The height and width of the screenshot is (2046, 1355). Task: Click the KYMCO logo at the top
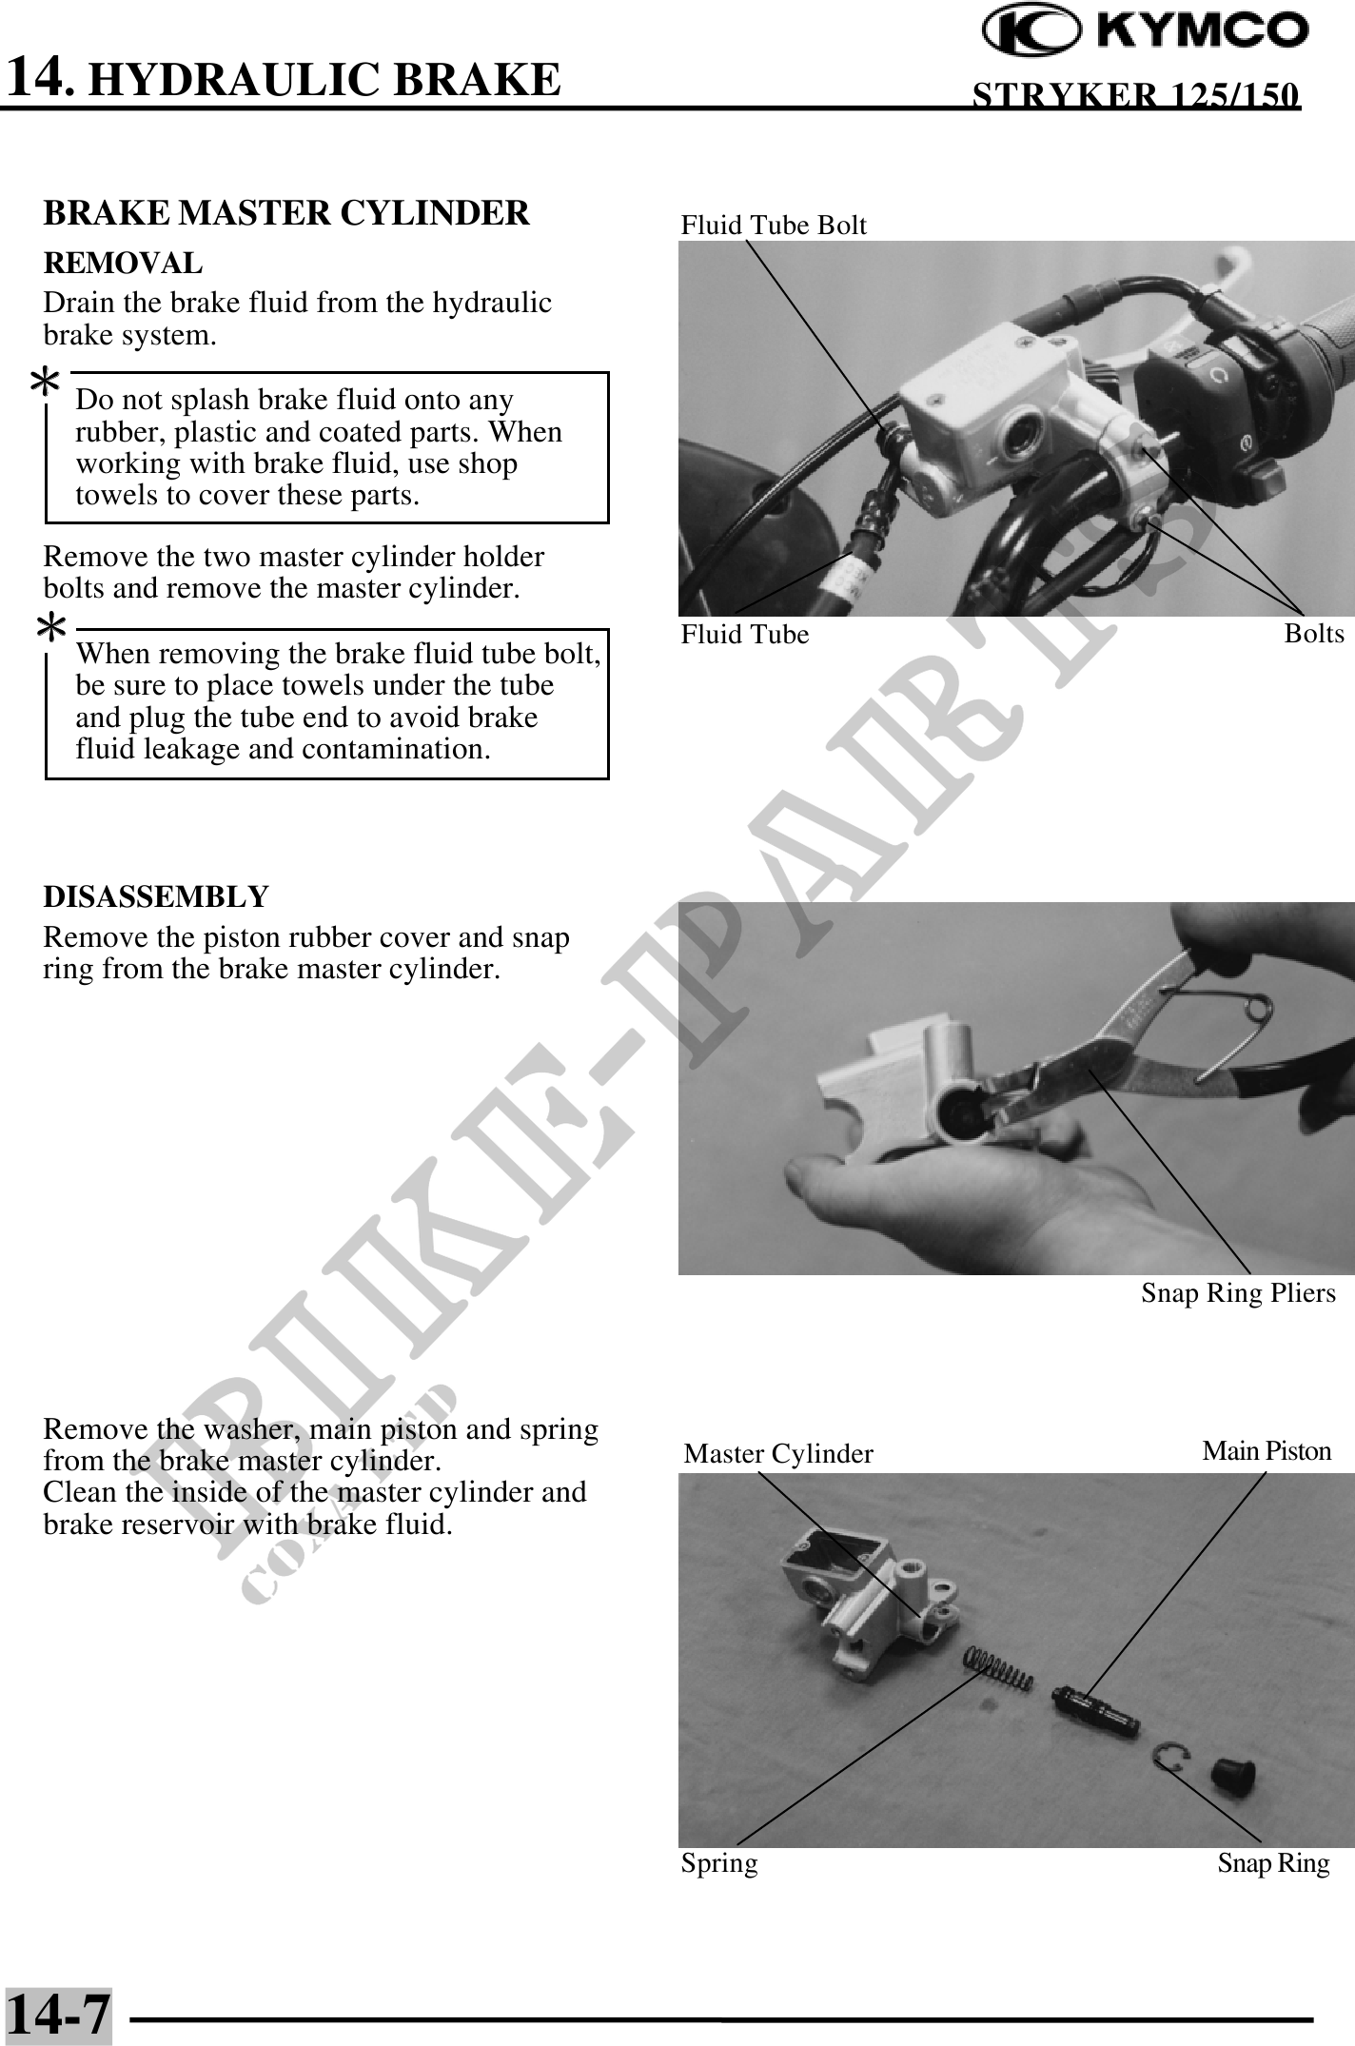1145,31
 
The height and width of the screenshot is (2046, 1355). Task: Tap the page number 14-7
58,2014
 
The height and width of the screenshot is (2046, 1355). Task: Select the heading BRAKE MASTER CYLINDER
286,213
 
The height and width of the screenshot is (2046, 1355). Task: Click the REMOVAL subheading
123,263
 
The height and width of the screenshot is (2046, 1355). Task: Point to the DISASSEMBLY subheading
156,896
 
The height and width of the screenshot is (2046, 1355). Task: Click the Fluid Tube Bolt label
774,226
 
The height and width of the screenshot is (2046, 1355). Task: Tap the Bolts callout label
1314,634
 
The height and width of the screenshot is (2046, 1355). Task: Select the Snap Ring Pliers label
1238,1293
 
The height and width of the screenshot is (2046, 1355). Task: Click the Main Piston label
1267,1451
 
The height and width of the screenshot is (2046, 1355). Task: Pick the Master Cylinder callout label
778,1454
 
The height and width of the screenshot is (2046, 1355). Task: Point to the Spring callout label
719,1863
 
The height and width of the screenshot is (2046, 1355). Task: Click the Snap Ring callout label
1273,1863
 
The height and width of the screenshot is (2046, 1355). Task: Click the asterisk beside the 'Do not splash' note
45,384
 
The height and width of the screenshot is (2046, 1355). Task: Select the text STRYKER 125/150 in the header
1135,95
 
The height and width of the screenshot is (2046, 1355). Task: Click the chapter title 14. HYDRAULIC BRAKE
284,78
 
